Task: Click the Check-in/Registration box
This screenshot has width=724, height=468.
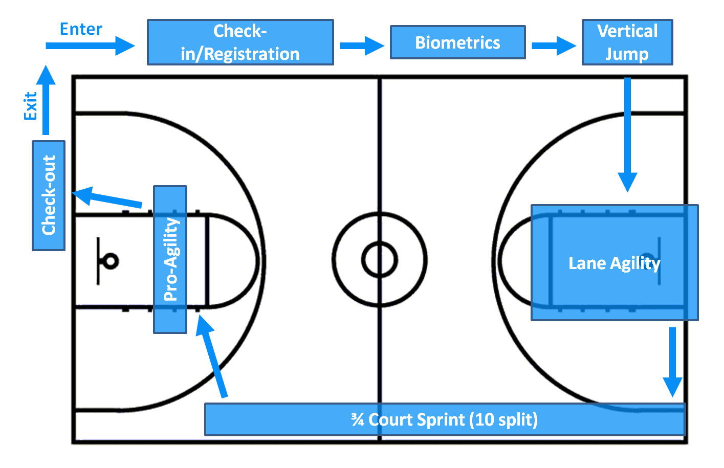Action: tap(240, 42)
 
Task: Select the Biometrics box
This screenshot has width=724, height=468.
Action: tap(457, 42)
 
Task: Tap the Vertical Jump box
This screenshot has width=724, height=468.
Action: tap(627, 42)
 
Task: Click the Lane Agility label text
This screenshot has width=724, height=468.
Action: tap(615, 263)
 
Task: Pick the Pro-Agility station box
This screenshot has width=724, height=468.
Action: tap(170, 259)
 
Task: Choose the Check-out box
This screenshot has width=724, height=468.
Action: tap(49, 195)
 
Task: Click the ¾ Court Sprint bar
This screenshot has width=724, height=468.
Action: tap(445, 419)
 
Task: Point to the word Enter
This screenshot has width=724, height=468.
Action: tap(81, 29)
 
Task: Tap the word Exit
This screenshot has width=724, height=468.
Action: tap(30, 106)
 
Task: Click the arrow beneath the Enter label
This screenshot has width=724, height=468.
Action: tap(90, 46)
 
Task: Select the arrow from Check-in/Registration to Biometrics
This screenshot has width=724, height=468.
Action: tap(362, 46)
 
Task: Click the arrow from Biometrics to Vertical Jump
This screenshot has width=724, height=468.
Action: tap(554, 46)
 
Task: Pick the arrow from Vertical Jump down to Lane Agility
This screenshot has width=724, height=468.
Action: tap(627, 135)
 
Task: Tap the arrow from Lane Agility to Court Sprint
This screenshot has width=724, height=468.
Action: tap(673, 362)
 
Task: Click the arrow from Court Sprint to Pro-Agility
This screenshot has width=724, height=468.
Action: tap(212, 356)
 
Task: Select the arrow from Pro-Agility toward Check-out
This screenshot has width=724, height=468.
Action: tap(106, 197)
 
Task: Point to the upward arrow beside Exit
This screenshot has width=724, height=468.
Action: tap(46, 100)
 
